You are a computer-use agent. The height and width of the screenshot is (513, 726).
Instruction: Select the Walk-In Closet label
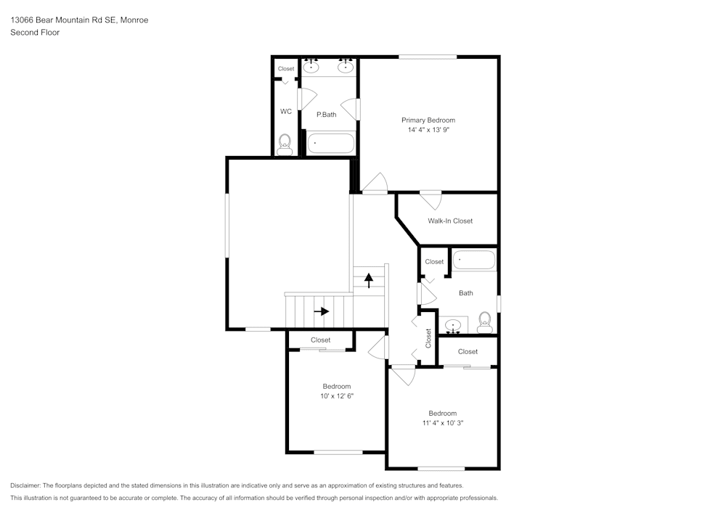(x=450, y=221)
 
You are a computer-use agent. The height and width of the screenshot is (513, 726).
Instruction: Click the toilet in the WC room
(x=285, y=143)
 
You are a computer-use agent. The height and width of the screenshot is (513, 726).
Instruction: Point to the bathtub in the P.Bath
(x=330, y=142)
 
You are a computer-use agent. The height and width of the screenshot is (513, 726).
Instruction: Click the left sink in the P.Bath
(x=311, y=67)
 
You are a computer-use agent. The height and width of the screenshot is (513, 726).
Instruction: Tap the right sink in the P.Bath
(x=346, y=67)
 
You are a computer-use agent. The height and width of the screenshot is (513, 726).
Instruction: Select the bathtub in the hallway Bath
(x=474, y=260)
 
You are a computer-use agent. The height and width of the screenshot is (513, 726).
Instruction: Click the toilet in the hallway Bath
(x=484, y=321)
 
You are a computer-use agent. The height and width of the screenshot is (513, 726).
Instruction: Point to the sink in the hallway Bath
(x=454, y=325)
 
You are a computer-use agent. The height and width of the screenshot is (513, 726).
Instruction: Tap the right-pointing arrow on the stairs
(x=321, y=311)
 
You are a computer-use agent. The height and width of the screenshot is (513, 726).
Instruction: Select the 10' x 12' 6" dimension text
(x=337, y=396)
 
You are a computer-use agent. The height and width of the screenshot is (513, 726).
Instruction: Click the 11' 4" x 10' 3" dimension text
(x=442, y=422)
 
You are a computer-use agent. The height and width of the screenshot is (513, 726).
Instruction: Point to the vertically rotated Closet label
(x=428, y=338)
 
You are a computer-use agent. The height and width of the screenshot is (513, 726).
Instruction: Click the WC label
(x=286, y=112)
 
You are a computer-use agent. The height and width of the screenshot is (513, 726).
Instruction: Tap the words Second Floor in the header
(x=35, y=33)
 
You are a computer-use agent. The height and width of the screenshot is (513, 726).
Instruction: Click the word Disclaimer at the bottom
(x=25, y=485)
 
